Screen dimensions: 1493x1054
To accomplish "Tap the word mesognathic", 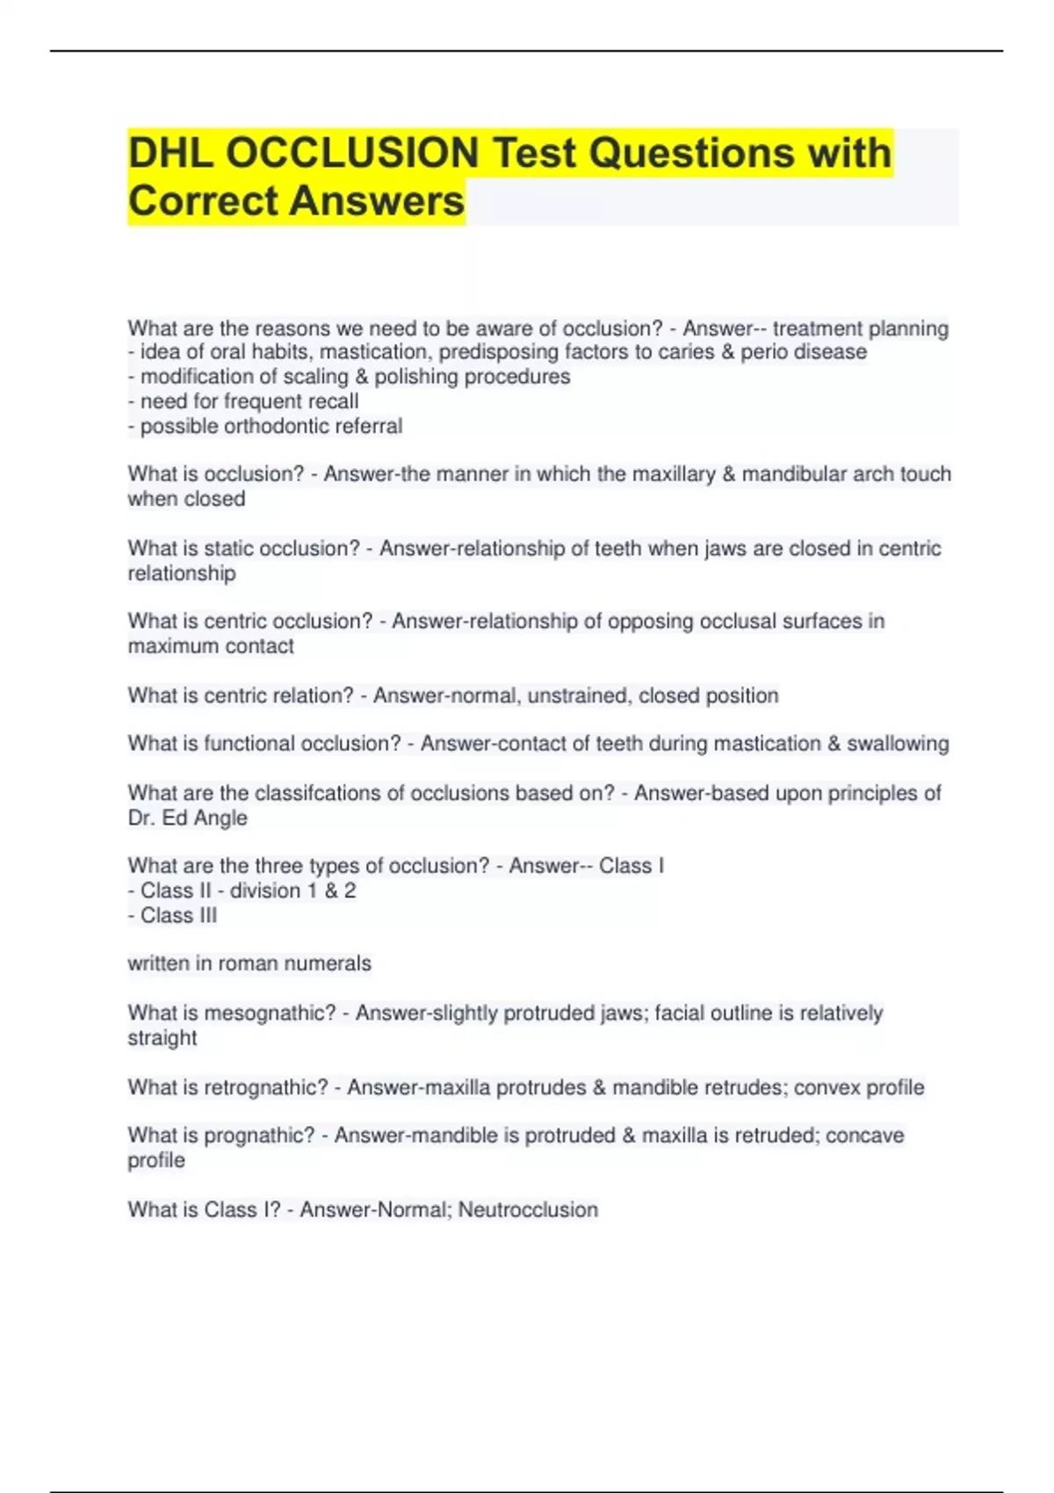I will (x=269, y=1013).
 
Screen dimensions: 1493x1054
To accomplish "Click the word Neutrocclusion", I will (x=528, y=1209).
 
